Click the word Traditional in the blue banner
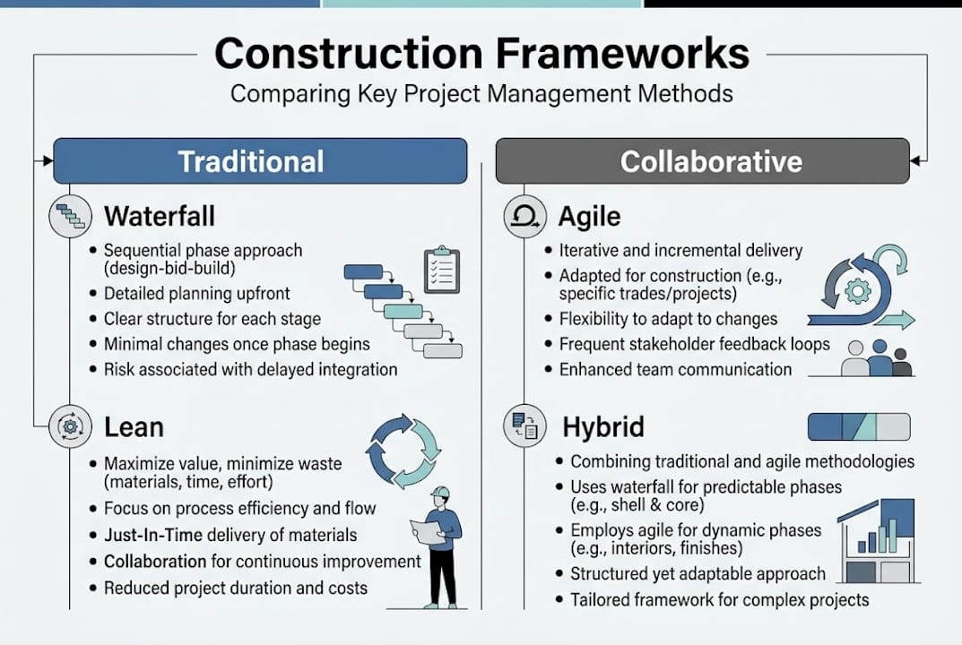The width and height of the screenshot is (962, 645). pyautogui.click(x=251, y=161)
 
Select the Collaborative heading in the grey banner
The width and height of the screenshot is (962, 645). pyautogui.click(x=711, y=161)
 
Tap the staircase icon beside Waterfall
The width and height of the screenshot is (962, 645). pyautogui.click(x=71, y=217)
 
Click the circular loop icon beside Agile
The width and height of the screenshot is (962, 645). pyautogui.click(x=525, y=217)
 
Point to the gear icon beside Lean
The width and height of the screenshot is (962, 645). pyautogui.click(x=71, y=426)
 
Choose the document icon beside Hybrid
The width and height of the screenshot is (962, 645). pyautogui.click(x=524, y=426)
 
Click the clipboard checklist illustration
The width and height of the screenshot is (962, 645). pyautogui.click(x=442, y=270)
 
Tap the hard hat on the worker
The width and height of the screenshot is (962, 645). pyautogui.click(x=440, y=493)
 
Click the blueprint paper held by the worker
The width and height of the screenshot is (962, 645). pyautogui.click(x=428, y=531)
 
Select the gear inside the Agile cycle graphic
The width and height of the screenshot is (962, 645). pyautogui.click(x=858, y=290)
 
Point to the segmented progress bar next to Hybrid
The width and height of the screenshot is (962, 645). pyautogui.click(x=859, y=426)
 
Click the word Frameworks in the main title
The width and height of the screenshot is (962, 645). pyautogui.click(x=623, y=54)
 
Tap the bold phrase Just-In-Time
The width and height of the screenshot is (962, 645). pyautogui.click(x=153, y=535)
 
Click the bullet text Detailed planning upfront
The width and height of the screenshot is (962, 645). pyautogui.click(x=197, y=294)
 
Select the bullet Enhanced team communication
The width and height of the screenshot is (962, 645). pyautogui.click(x=675, y=369)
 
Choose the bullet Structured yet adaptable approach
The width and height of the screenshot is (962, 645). pyautogui.click(x=698, y=574)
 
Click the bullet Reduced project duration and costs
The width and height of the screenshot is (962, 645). pyautogui.click(x=236, y=588)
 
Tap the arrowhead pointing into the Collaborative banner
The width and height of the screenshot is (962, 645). pyautogui.click(x=915, y=161)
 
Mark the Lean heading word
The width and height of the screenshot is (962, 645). pyautogui.click(x=134, y=426)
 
